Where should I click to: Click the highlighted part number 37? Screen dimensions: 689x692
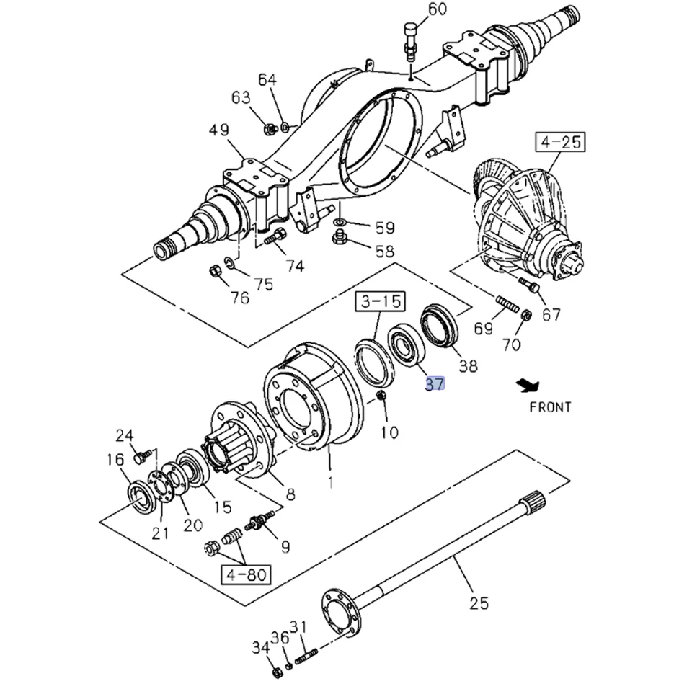tap(434, 383)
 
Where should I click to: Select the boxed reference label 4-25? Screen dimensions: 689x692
tap(560, 141)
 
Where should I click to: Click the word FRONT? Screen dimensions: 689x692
tap(550, 406)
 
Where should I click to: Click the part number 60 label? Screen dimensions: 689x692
tap(437, 9)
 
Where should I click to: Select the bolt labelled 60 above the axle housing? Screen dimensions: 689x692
tap(410, 40)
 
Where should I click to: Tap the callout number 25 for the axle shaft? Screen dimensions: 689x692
tap(479, 603)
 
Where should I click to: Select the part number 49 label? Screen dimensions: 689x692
tap(219, 130)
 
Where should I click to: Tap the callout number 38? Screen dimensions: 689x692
tap(468, 366)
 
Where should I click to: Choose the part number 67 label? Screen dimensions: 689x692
tap(551, 314)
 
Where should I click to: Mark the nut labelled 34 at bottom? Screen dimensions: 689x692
tap(277, 673)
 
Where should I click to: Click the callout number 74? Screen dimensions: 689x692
tap(294, 266)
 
